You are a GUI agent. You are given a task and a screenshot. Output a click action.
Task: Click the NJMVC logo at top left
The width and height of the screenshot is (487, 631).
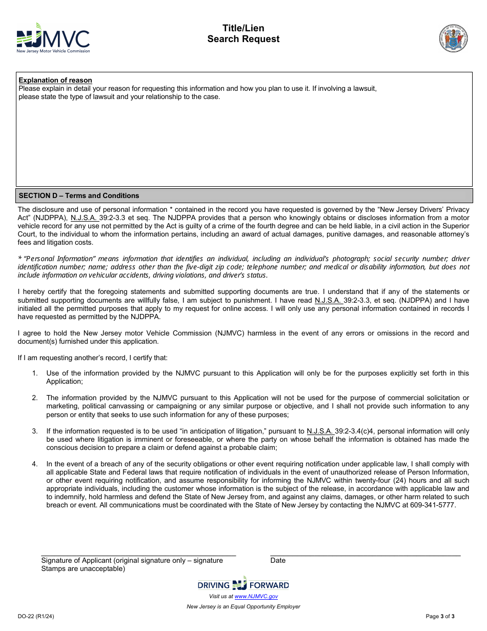point(53,38)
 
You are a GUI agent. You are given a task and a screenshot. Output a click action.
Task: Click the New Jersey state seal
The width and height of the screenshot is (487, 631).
point(453,38)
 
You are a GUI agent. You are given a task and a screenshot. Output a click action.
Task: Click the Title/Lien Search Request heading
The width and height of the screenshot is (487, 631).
point(243,34)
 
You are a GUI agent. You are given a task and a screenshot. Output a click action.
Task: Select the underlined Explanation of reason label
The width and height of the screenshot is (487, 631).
point(55,80)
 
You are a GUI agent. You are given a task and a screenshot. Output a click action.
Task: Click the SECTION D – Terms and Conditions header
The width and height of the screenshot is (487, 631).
point(79,195)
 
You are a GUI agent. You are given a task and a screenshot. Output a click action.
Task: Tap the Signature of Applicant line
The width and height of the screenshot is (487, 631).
point(138,555)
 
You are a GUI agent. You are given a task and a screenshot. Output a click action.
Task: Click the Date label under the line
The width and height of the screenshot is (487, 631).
point(278,560)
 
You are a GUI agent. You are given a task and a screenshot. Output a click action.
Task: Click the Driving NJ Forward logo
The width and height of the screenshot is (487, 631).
point(243,584)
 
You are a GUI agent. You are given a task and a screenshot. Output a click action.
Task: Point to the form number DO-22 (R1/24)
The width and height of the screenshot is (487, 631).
point(35,617)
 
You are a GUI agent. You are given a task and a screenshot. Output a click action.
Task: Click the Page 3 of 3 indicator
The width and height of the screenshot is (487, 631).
point(440,617)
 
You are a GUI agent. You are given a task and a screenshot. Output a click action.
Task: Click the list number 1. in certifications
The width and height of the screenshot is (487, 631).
point(35,373)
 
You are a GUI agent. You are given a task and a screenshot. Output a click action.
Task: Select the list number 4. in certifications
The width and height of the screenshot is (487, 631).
point(35,464)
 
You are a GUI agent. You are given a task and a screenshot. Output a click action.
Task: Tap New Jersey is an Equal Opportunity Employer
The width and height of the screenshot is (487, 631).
point(243,606)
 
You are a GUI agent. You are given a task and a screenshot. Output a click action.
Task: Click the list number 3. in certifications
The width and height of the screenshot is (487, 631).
point(35,431)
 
